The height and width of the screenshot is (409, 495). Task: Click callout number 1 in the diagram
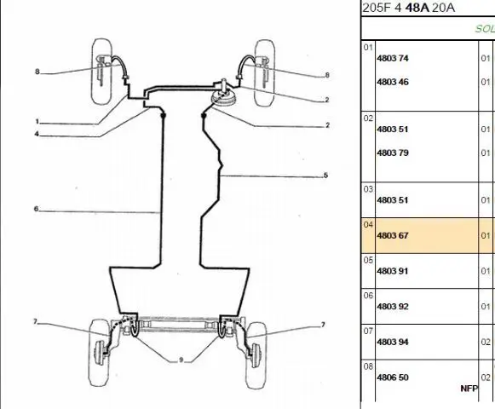[x=37, y=121]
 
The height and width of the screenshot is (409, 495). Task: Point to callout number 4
[x=37, y=134]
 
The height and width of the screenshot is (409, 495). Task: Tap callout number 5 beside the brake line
[x=325, y=176]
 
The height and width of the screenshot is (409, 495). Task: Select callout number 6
[x=36, y=209]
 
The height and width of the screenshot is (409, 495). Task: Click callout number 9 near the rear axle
[x=181, y=360]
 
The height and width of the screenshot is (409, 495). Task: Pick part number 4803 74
[x=393, y=59]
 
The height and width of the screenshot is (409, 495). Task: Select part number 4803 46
[x=393, y=82]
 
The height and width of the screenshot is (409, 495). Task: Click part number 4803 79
[x=393, y=153]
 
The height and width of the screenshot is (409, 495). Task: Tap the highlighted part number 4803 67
[x=393, y=236]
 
